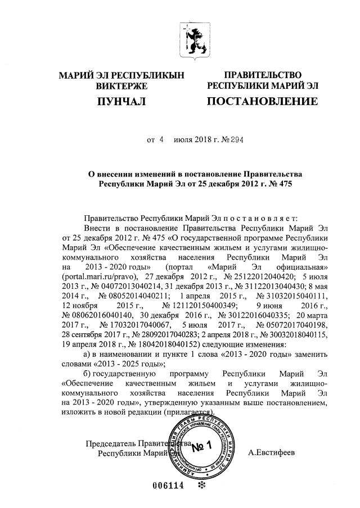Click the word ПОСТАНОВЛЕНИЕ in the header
263,102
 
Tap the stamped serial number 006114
169,487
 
